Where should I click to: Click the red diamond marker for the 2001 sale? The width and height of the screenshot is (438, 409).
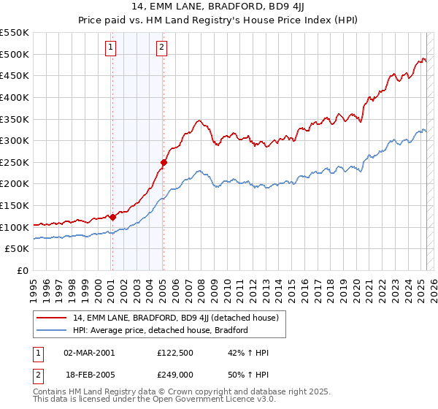pos(112,217)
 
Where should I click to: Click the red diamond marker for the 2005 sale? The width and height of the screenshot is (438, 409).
pos(164,163)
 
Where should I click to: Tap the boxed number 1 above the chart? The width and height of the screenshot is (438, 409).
pos(110,48)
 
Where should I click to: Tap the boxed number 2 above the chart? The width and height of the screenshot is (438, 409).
pos(161,48)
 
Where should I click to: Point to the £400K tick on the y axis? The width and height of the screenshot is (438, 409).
pos(15,97)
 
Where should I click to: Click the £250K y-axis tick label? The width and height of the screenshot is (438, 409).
pos(15,162)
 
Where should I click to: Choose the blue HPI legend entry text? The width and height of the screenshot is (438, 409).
pos(161,330)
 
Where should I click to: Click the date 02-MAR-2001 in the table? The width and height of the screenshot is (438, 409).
pos(89,353)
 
